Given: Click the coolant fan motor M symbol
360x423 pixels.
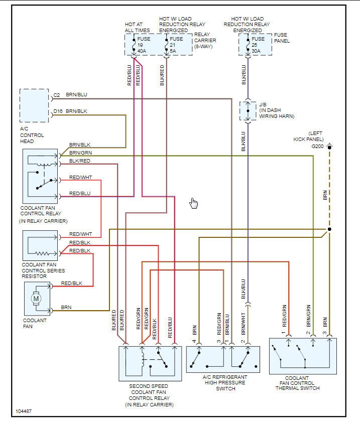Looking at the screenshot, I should click(36, 298).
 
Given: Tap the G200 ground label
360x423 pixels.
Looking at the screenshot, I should click(318, 146).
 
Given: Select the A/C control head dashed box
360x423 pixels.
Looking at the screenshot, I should click(34, 105).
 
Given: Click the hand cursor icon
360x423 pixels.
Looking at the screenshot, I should click(194, 203).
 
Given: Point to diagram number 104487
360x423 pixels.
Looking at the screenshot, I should click(23, 411).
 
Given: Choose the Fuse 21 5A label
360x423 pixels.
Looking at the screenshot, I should click(176, 45).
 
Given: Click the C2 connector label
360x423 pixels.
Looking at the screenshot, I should click(57, 94).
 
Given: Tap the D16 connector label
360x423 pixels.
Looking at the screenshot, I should click(58, 111).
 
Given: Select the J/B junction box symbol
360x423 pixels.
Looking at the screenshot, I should click(248, 110).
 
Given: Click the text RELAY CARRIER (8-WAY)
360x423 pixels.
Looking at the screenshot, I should click(205, 40).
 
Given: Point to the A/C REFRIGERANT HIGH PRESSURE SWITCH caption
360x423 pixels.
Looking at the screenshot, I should click(225, 382).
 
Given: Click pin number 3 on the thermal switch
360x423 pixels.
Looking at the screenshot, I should click(324, 333).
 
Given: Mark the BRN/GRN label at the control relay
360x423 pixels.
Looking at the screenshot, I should click(80, 152).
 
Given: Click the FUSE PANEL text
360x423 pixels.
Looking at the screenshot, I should click(282, 38).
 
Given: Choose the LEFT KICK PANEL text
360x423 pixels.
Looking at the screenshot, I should click(309, 135).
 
